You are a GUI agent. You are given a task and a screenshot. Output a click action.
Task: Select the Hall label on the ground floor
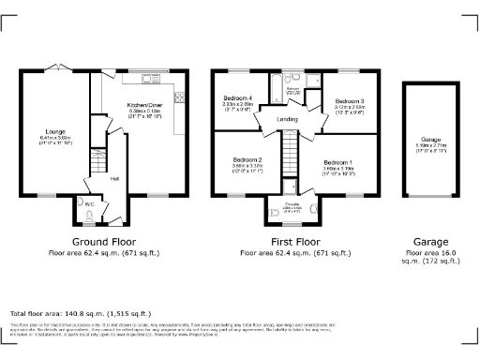coord(114,178)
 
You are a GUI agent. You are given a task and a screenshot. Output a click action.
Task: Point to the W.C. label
coord(89,203)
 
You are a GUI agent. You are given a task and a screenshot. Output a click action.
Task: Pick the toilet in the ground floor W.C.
coord(87,217)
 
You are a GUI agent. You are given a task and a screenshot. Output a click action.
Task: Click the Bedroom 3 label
coord(349,100)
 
